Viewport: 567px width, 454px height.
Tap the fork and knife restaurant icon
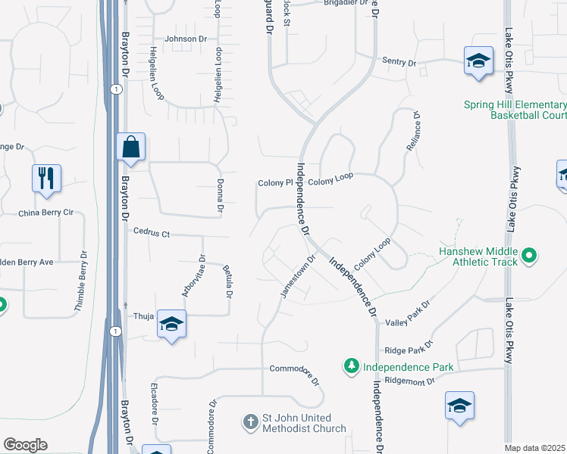coord(46,178)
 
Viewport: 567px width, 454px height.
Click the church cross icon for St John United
coord(251,418)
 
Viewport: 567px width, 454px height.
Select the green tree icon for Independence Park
coord(351,367)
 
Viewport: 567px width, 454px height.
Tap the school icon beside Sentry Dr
coord(478,61)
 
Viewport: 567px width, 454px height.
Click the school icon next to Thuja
coord(172,325)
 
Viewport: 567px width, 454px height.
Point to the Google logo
coord(25,445)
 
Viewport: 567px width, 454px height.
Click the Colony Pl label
coord(275,182)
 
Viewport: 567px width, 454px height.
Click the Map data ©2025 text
coord(534,448)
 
